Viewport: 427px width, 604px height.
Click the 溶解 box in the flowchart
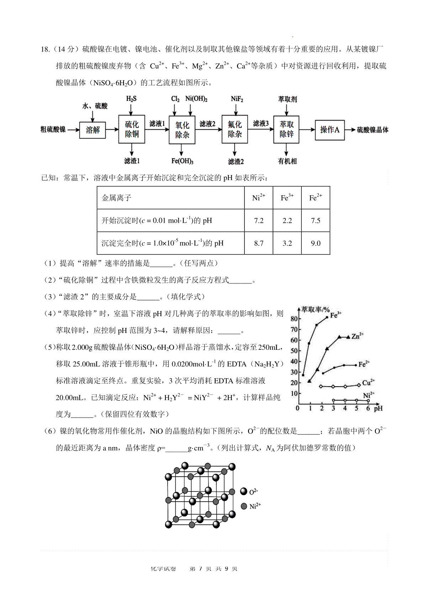93,130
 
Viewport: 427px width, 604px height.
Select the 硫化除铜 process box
132,129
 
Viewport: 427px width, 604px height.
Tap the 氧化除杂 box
182,130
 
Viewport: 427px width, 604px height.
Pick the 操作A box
330,130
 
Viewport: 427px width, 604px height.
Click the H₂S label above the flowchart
131,99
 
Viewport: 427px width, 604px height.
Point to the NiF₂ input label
237,99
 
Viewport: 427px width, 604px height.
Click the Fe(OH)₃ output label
182,161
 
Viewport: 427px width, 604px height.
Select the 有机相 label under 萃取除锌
287,161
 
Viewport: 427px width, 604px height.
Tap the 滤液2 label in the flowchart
207,124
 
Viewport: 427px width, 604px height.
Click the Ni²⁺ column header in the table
259,197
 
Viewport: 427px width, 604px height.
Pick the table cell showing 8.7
259,243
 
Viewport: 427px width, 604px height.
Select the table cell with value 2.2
287,221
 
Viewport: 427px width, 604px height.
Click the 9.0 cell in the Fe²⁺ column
316,243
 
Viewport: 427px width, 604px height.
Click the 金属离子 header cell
117,198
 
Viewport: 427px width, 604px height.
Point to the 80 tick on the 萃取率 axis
294,318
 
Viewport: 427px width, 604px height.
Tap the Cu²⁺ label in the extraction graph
368,383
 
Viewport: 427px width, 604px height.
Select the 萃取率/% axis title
315,309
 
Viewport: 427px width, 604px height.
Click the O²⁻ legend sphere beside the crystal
244,492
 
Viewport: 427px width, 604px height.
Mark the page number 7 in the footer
201,568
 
